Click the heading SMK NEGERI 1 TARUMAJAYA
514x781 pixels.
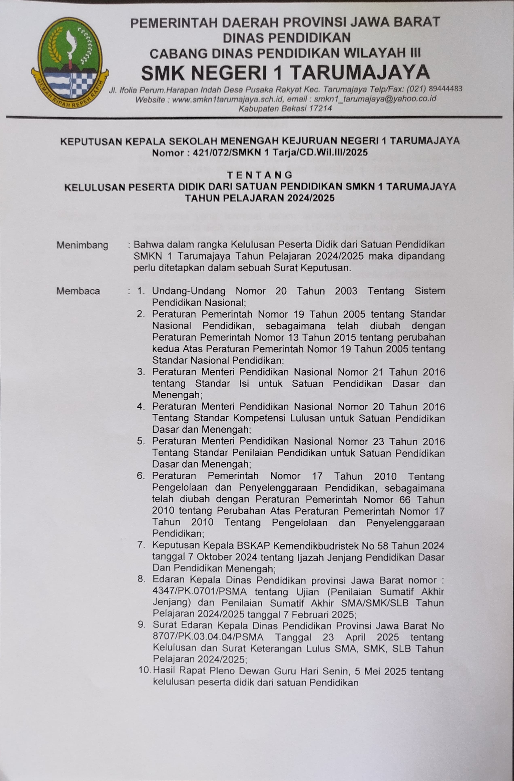click(x=285, y=73)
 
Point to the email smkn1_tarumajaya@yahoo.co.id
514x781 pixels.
click(x=375, y=98)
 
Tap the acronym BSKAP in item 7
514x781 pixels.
click(x=252, y=546)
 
